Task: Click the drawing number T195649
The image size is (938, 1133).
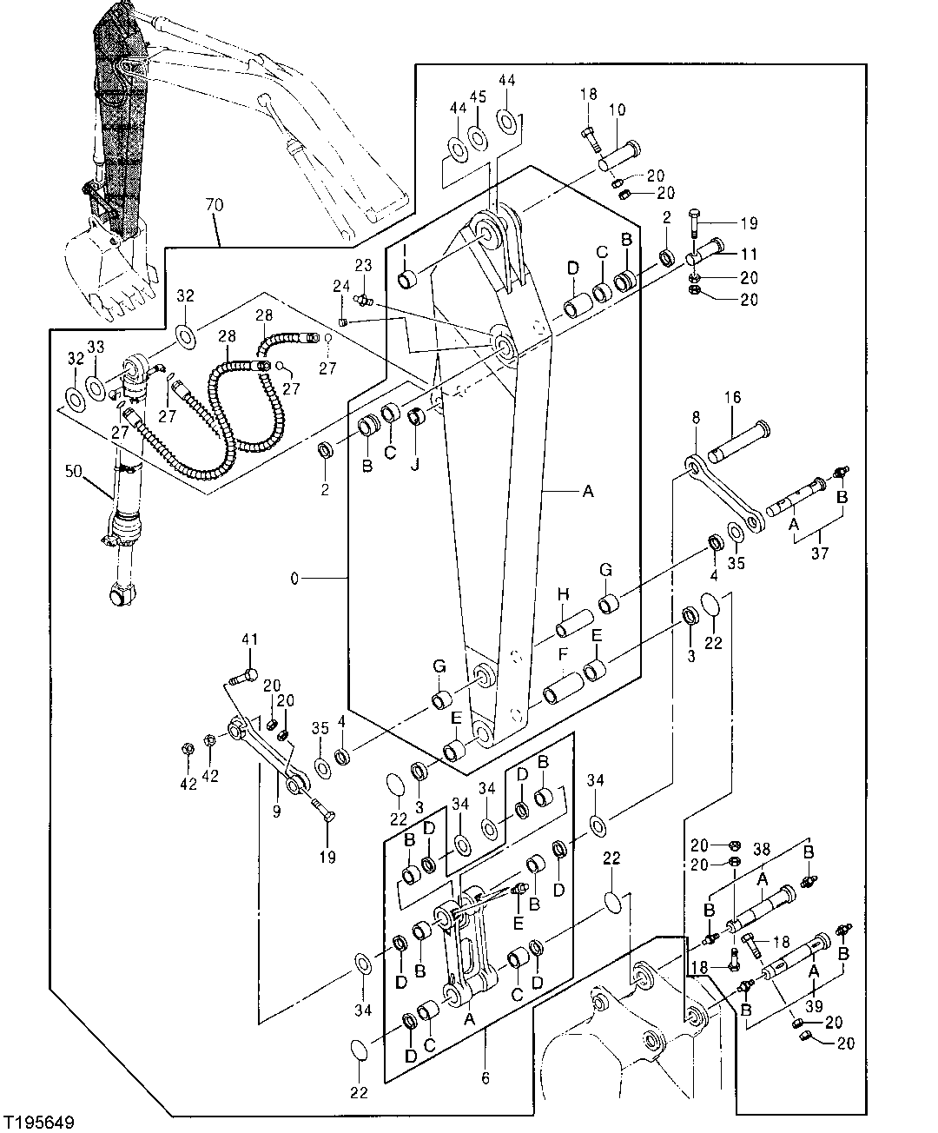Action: click(38, 1122)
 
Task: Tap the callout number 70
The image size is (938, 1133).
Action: click(214, 206)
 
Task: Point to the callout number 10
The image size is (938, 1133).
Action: click(617, 109)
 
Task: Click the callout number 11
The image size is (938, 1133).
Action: click(749, 255)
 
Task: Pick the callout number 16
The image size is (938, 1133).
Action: click(733, 397)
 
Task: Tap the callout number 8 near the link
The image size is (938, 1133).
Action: click(695, 418)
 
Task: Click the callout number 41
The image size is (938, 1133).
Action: click(250, 639)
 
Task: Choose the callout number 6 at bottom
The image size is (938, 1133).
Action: click(485, 1078)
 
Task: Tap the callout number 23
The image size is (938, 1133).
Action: click(362, 266)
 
